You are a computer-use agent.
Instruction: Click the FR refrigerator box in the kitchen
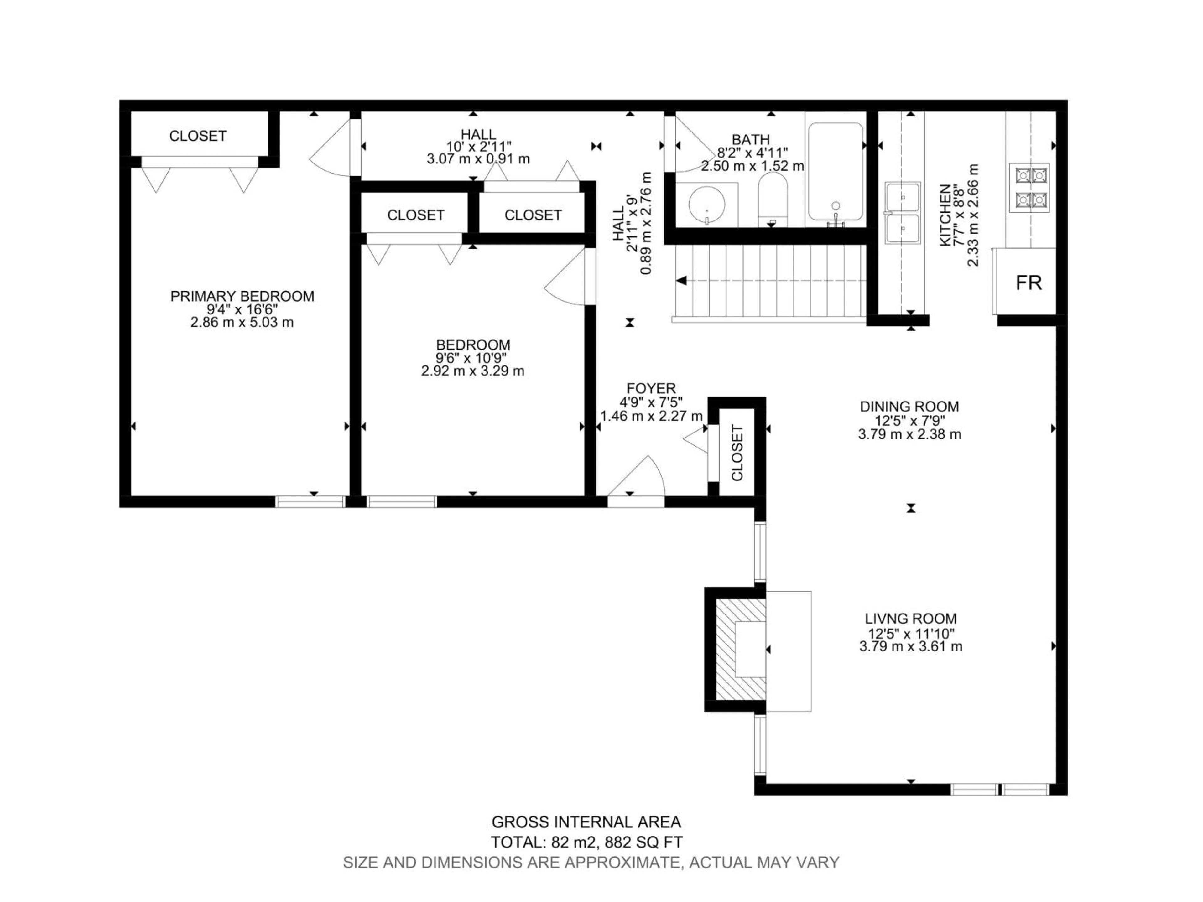point(1027,282)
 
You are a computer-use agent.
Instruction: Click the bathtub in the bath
point(835,171)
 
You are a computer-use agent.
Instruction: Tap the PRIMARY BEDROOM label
point(242,296)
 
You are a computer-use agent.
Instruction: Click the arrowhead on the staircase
point(681,281)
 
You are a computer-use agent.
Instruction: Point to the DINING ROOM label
point(909,406)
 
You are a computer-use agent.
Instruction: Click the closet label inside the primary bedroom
point(197,136)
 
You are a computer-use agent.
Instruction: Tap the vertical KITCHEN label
point(946,215)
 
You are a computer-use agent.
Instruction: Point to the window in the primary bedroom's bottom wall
point(310,502)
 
